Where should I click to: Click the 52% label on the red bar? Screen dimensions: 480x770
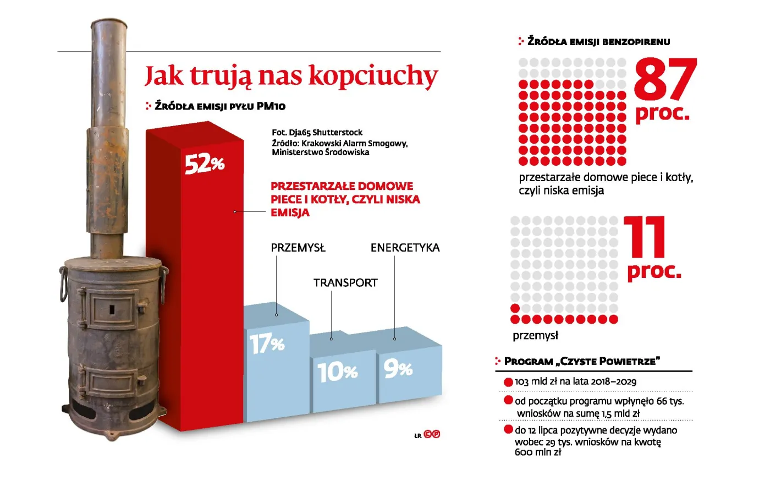pos(204,163)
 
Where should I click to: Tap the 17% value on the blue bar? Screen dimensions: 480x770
pos(267,345)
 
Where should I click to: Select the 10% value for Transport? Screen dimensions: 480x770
pos(337,372)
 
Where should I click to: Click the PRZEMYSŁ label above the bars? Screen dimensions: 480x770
pos(298,248)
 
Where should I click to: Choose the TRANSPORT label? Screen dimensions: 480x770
pos(345,283)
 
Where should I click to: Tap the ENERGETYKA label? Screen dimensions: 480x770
pos(405,248)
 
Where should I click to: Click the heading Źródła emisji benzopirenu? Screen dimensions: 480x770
pos(598,41)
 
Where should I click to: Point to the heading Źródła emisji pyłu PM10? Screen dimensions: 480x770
pos(220,106)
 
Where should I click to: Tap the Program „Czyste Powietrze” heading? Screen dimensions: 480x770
pos(582,361)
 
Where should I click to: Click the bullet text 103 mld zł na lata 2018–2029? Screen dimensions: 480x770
pos(575,381)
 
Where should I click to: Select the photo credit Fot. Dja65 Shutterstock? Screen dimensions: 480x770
pos(317,132)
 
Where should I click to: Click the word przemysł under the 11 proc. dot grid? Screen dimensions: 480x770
pos(535,335)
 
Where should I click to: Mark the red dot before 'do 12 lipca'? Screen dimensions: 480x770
pos(508,429)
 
